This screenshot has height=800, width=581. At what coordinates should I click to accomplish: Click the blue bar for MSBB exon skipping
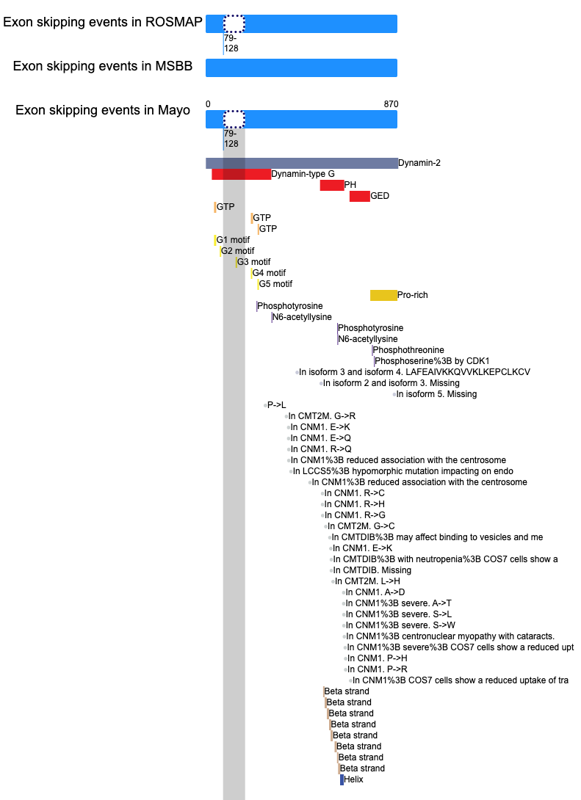[x=301, y=68]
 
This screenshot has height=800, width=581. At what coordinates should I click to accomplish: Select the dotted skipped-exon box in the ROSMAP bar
[x=234, y=23]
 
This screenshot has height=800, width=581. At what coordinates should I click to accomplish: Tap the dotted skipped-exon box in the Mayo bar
[x=234, y=119]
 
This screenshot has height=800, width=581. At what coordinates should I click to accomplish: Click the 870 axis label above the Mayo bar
[x=391, y=104]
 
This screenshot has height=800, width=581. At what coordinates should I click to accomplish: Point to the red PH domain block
[x=332, y=185]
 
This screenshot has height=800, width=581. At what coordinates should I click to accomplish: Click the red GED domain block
[x=359, y=196]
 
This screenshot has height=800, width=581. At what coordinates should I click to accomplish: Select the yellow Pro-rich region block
[x=383, y=295]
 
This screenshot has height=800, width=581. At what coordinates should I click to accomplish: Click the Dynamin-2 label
[x=419, y=163]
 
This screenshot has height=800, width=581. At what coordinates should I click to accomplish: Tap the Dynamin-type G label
[x=303, y=174]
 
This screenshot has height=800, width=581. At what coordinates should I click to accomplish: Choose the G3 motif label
[x=253, y=262]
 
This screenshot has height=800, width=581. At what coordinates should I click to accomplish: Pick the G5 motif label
[x=275, y=284]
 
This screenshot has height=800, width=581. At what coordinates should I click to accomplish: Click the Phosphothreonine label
[x=408, y=350]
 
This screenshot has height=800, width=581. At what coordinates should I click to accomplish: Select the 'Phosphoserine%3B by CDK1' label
[x=432, y=361]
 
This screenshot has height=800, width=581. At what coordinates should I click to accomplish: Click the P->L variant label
[x=277, y=405]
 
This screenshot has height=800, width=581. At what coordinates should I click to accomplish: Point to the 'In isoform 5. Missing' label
[x=436, y=394]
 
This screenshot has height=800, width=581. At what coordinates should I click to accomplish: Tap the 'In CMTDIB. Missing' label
[x=372, y=570]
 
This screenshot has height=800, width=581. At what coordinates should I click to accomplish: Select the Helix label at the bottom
[x=354, y=779]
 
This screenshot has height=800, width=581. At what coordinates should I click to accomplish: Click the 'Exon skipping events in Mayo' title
[x=103, y=110]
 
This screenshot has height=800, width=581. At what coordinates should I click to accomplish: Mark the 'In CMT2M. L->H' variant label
[x=367, y=581]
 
